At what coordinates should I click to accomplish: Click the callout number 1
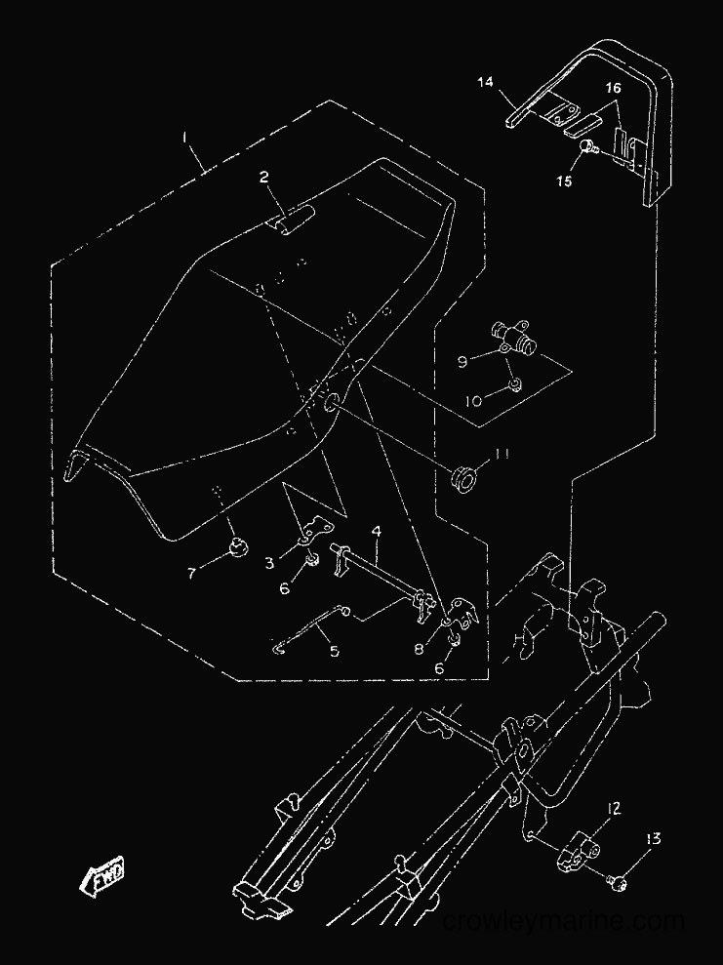tap(184, 138)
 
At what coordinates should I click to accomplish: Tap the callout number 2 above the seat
tap(264, 178)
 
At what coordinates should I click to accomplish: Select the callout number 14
tap(485, 82)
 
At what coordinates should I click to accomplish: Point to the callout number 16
tap(613, 88)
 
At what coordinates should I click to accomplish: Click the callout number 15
tap(565, 181)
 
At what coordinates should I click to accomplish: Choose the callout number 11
tap(502, 454)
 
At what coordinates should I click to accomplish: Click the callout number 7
tap(191, 574)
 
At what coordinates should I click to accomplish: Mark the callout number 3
tap(269, 562)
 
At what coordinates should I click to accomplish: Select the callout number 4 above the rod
tap(377, 531)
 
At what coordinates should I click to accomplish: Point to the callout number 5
tap(334, 651)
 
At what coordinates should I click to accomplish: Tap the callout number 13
tap(653, 838)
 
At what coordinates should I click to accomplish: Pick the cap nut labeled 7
tap(237, 544)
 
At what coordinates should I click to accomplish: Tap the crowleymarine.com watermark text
tap(563, 921)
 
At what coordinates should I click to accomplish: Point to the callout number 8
tap(419, 649)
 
